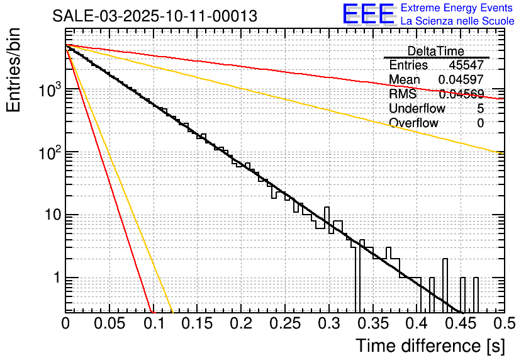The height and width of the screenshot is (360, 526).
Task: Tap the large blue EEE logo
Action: (x=368, y=14)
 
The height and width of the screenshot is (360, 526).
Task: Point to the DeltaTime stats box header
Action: (x=436, y=51)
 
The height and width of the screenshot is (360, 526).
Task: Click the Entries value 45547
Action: (x=466, y=65)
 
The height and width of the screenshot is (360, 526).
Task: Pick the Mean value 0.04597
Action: (x=461, y=80)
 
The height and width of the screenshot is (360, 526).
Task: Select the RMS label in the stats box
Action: (x=403, y=94)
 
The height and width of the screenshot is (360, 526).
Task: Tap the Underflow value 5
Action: (x=480, y=109)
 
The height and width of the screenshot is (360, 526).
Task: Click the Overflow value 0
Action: (x=480, y=123)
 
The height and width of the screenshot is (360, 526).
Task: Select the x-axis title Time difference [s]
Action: (x=430, y=346)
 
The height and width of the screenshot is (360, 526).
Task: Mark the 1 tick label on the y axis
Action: (x=55, y=278)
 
